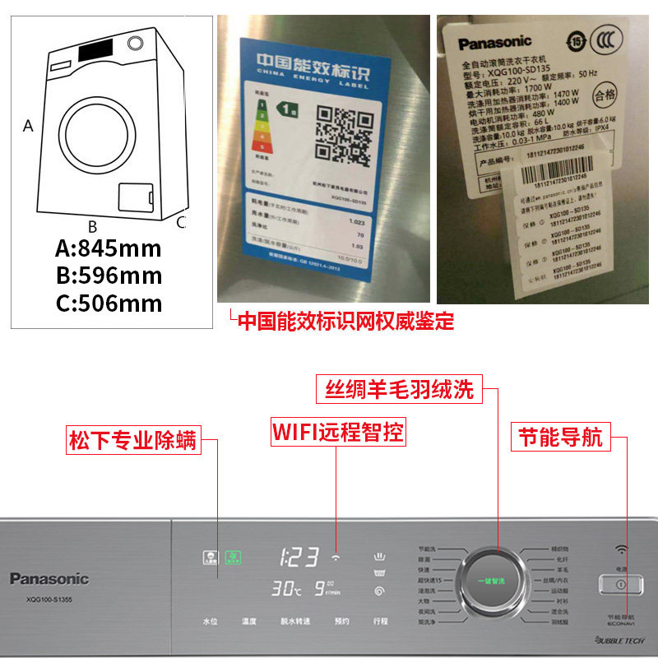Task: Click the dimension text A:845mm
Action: click(108, 248)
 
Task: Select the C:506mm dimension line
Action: click(109, 303)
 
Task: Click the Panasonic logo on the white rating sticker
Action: click(495, 41)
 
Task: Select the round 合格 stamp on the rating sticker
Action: click(604, 95)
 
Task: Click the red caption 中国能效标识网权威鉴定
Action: click(345, 320)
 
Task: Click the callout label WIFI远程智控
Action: click(338, 432)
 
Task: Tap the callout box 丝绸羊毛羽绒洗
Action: click(400, 390)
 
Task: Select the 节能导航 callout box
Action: click(558, 436)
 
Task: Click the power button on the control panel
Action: click(619, 583)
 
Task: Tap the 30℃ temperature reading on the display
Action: click(285, 589)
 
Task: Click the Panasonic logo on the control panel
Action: click(49, 579)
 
